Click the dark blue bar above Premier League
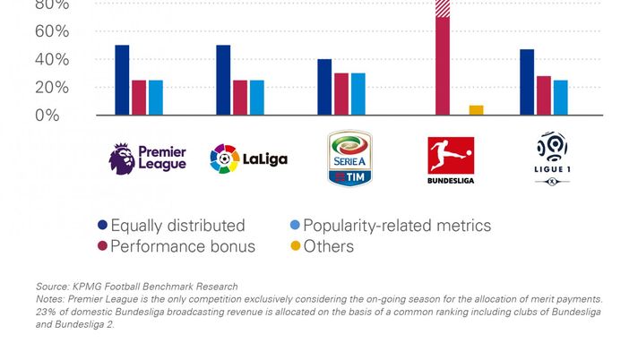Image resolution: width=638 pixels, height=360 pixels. pyautogui.click(x=122, y=80)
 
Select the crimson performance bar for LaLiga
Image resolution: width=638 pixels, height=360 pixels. pyautogui.click(x=240, y=98)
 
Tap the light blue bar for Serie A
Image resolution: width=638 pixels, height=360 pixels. pyautogui.click(x=358, y=94)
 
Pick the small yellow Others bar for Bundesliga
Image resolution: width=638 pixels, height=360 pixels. pyautogui.click(x=476, y=110)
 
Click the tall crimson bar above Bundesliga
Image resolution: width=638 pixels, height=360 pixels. pyautogui.click(x=443, y=63)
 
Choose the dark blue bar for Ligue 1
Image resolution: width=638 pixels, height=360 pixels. pyautogui.click(x=527, y=81)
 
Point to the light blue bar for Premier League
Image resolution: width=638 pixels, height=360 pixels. pyautogui.click(x=156, y=98)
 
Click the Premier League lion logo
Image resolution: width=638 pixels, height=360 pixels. pyautogui.click(x=122, y=159)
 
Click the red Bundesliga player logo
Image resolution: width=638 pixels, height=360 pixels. pyautogui.click(x=451, y=155)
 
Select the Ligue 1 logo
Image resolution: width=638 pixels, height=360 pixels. pyautogui.click(x=551, y=156)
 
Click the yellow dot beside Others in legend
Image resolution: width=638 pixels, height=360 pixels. pyautogui.click(x=292, y=246)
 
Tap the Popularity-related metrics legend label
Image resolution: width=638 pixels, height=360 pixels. pyautogui.click(x=397, y=226)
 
